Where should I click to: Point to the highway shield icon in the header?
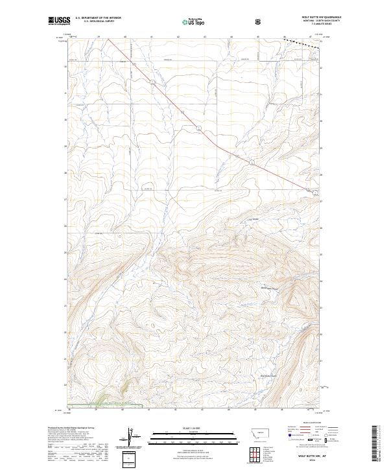point(258,21)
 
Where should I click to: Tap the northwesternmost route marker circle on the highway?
point(152,84)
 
